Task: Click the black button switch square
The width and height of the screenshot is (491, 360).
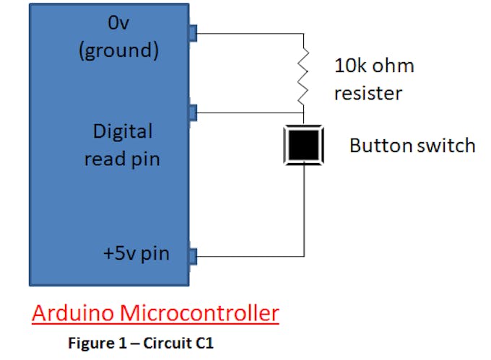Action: coord(304,145)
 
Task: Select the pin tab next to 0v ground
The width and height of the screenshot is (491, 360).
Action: coord(192,33)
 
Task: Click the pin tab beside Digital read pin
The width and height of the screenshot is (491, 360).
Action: coord(192,113)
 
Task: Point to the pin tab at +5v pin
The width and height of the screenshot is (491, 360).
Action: coord(192,255)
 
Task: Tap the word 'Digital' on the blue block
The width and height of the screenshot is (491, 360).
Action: coord(123,131)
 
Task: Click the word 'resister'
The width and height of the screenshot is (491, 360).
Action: coord(368,93)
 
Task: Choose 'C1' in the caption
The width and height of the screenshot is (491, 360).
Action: coord(205,343)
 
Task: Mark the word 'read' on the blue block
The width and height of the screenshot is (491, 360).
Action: coord(103,159)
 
